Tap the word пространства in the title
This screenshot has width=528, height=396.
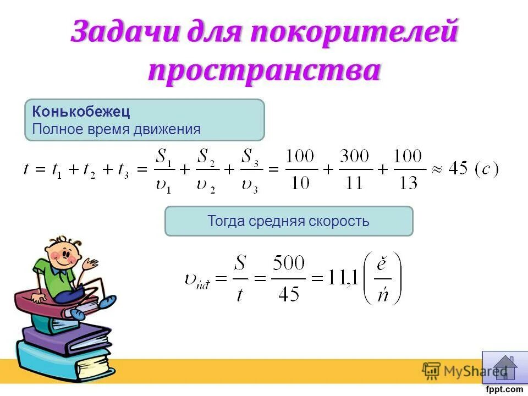coord(264,71)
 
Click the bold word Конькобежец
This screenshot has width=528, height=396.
coord(81,112)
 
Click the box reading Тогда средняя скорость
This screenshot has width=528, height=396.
coord(289,221)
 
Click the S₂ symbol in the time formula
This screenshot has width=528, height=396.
coord(206,157)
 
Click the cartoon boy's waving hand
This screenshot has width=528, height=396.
coord(90,263)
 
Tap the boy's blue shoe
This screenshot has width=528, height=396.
coord(105,301)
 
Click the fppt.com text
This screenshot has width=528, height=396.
coord(505,389)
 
